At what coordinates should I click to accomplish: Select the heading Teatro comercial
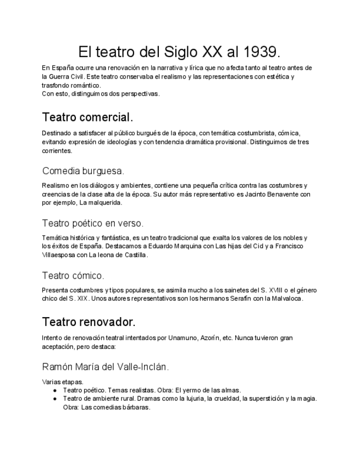[87, 118]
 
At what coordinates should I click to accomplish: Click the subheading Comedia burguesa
[83, 170]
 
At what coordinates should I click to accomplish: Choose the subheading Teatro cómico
[73, 275]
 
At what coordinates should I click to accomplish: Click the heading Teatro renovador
[88, 321]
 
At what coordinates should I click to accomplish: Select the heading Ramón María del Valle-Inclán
[105, 366]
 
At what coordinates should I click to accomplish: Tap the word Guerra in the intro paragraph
[64, 76]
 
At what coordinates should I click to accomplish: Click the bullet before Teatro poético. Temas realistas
[56, 390]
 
